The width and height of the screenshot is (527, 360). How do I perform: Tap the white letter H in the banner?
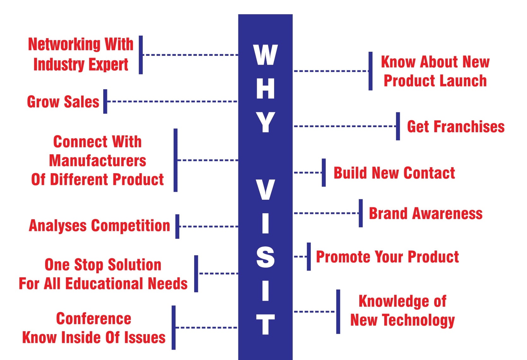pos(265,88)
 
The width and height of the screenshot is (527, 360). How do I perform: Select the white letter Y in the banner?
pos(265,122)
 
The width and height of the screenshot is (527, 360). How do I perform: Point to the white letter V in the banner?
pos(265,190)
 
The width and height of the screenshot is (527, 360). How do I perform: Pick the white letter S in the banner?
pos(265,257)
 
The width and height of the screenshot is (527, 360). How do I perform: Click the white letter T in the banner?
pos(265,324)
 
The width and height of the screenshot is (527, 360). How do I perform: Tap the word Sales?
pos(81,102)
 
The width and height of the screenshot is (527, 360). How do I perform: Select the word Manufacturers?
pos(97,161)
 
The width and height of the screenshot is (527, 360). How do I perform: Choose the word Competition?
pos(130,226)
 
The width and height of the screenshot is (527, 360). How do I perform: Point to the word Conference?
pos(94,319)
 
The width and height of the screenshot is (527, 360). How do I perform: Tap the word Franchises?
pos(469,127)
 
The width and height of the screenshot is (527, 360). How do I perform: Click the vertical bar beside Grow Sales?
pos(105,101)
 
